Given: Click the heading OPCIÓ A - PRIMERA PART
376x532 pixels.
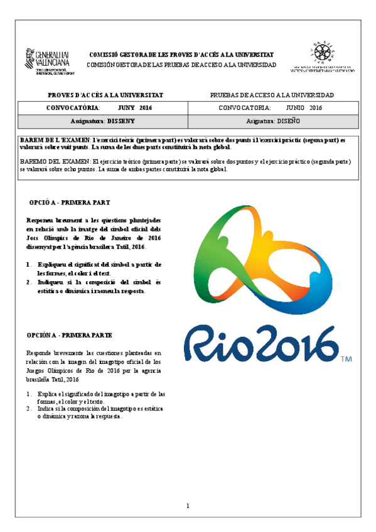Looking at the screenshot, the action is coord(70,203).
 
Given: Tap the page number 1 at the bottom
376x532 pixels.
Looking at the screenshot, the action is coord(188,506).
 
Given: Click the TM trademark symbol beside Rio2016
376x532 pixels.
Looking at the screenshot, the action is coord(346,359).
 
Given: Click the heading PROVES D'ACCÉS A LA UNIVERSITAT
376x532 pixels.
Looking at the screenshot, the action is coord(105,95).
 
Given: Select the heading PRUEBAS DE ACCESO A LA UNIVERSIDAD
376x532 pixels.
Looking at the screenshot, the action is coord(271,95).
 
